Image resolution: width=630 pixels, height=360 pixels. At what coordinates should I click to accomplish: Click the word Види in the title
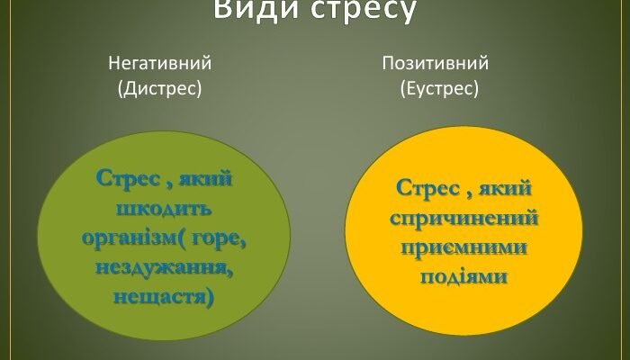click(255, 11)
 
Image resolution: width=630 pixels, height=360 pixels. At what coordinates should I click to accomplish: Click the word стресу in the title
click(364, 11)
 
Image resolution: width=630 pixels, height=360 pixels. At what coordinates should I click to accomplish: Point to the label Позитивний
click(436, 64)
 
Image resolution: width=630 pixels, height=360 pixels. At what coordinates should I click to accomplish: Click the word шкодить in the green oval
click(164, 210)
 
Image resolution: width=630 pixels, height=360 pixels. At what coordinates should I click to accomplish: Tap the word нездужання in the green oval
click(165, 266)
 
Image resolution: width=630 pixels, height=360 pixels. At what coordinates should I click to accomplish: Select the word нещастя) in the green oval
click(165, 295)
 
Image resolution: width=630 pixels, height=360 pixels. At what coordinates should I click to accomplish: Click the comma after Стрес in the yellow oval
click(468, 195)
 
